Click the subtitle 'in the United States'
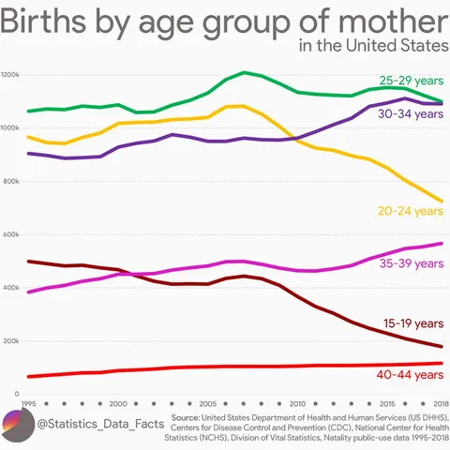pos(372,46)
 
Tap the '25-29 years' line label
pos(411,81)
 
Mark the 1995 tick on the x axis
pos(29,402)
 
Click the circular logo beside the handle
pos(17,425)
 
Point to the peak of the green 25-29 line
pos(244,72)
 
